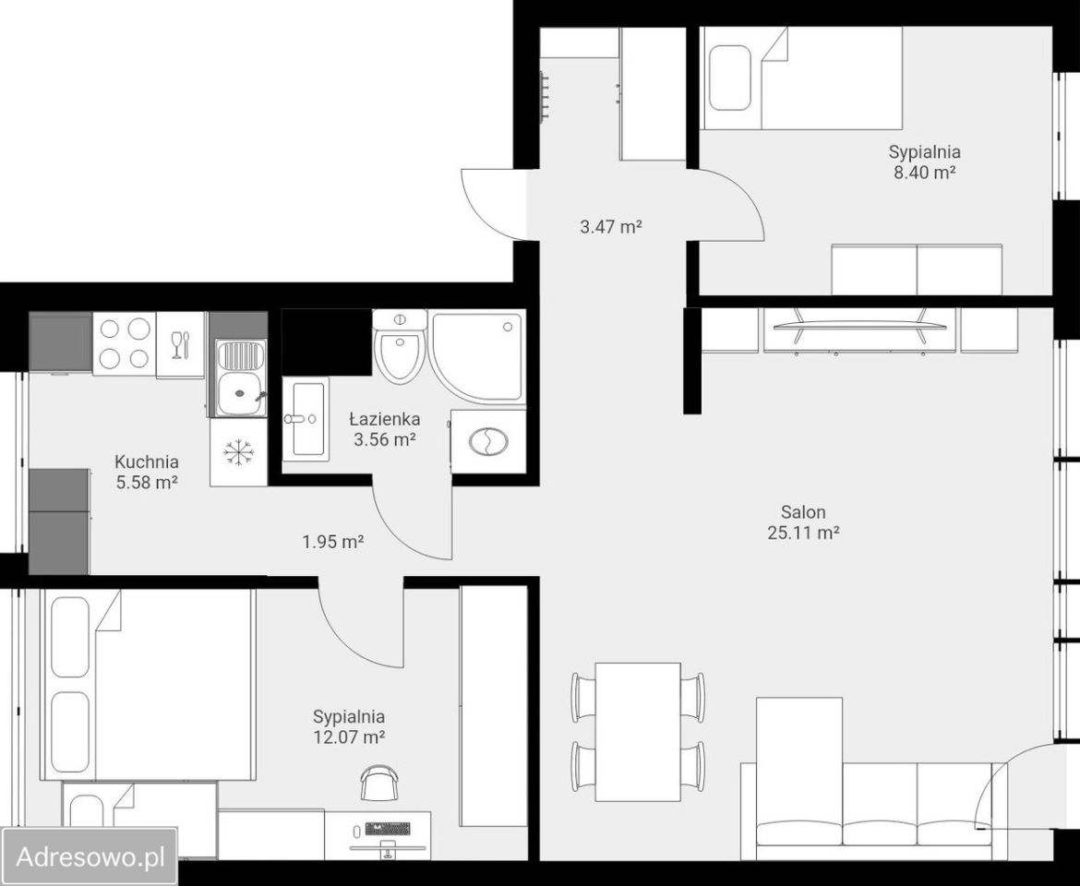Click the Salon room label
pyautogui.click(x=803, y=512)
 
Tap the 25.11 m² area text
pyautogui.click(x=803, y=533)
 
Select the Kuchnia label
pyautogui.click(x=147, y=461)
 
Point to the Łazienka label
pyautogui.click(x=384, y=419)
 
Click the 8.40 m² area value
pyautogui.click(x=924, y=172)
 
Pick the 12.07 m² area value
pyautogui.click(x=349, y=737)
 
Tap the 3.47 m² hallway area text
pyautogui.click(x=611, y=226)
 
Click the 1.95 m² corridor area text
pyautogui.click(x=333, y=543)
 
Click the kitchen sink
pyautogui.click(x=239, y=378)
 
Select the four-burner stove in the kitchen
pyautogui.click(x=125, y=342)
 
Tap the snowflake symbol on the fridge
pyautogui.click(x=239, y=452)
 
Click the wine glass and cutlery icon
pyautogui.click(x=181, y=344)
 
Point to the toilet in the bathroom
pyautogui.click(x=401, y=347)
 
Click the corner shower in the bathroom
pyautogui.click(x=477, y=356)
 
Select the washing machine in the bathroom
pyautogui.click(x=488, y=441)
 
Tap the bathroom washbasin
pyautogui.click(x=306, y=419)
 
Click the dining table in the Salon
pyautogui.click(x=638, y=732)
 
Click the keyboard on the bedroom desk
pyautogui.click(x=389, y=828)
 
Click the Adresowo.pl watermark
pyautogui.click(x=90, y=857)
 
